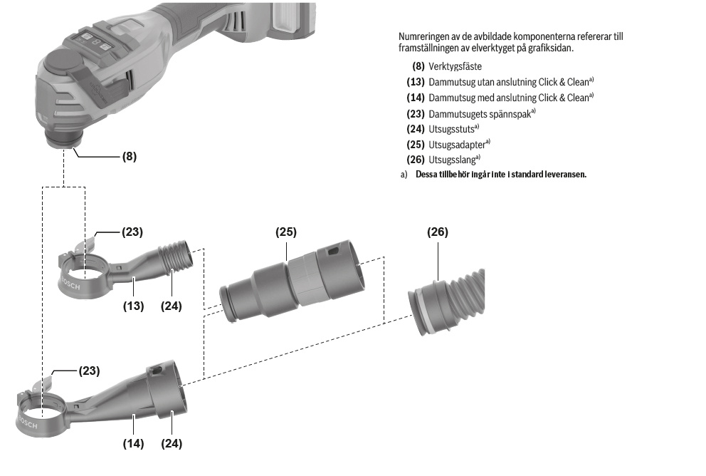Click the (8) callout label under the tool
pyautogui.click(x=129, y=156)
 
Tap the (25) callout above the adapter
pyautogui.click(x=286, y=232)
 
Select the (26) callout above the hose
pyautogui.click(x=438, y=232)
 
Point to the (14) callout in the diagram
pyautogui.click(x=133, y=443)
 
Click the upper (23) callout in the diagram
pyautogui.click(x=132, y=232)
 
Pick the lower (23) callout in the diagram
pyautogui.click(x=89, y=371)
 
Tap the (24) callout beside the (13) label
pyautogui.click(x=171, y=306)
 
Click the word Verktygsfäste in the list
pyautogui.click(x=455, y=66)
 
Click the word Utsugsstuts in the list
pyautogui.click(x=451, y=128)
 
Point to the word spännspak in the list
pyautogui.click(x=511, y=113)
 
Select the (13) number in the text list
pyautogui.click(x=416, y=82)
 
